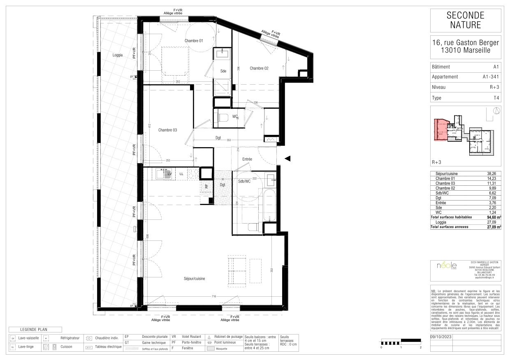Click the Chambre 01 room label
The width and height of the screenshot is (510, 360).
[x=194, y=41]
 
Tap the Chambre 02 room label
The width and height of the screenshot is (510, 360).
[x=259, y=68]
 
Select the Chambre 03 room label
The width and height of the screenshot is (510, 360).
[x=167, y=130]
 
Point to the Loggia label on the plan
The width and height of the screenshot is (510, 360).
[x=118, y=55]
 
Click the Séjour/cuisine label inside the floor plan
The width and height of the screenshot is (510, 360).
[x=195, y=279]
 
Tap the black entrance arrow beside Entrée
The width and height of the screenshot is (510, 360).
[x=288, y=159]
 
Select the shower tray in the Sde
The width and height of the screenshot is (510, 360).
[x=222, y=87]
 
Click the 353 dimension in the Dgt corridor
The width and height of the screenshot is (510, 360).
[x=228, y=140]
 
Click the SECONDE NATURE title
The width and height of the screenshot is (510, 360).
[x=466, y=20]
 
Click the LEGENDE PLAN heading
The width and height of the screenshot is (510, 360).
[x=35, y=330]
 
